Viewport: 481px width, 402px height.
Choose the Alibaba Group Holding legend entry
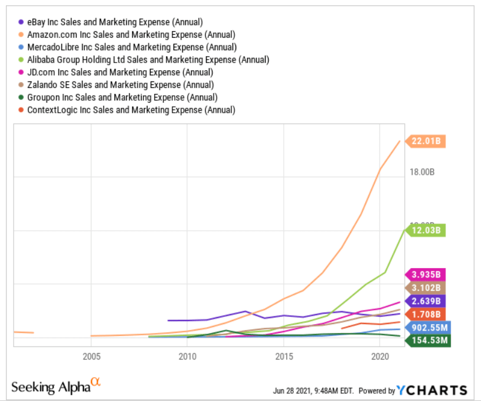coord(148,60)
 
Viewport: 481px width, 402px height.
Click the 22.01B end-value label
coord(427,141)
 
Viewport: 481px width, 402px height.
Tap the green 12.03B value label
coord(427,230)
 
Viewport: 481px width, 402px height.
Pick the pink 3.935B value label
coord(427,274)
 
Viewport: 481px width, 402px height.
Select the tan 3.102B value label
coord(427,287)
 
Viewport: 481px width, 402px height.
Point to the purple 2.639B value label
coord(427,301)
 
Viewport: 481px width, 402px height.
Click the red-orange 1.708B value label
coord(427,314)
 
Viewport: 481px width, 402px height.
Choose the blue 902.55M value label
coord(428,328)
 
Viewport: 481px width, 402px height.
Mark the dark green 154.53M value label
coord(428,341)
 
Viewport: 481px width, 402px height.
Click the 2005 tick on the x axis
coord(91,357)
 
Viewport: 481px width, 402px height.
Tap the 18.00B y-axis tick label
coord(422,173)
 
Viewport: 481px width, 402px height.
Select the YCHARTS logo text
coord(432,390)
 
